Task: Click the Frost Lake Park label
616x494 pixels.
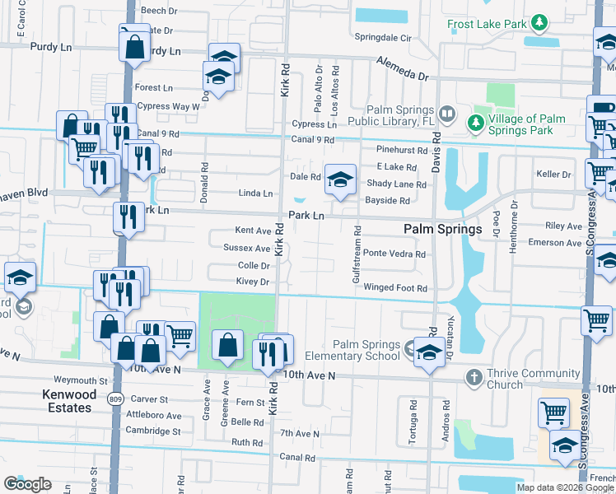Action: pyautogui.click(x=487, y=24)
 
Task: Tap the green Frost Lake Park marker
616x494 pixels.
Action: pyautogui.click(x=539, y=22)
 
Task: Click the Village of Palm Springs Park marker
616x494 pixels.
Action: pyautogui.click(x=475, y=123)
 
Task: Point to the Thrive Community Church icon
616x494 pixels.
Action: pyautogui.click(x=474, y=377)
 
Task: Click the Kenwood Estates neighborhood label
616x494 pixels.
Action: pyautogui.click(x=68, y=401)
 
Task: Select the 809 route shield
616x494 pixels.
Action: pyautogui.click(x=113, y=398)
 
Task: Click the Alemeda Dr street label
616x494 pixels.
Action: pyautogui.click(x=404, y=68)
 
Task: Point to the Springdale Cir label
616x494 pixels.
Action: pyautogui.click(x=383, y=38)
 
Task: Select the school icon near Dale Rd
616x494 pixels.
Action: pyautogui.click(x=338, y=179)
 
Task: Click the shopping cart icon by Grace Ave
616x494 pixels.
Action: pyautogui.click(x=180, y=335)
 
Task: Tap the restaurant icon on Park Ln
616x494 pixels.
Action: pyautogui.click(x=127, y=217)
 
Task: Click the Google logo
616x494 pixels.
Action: pyautogui.click(x=28, y=484)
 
